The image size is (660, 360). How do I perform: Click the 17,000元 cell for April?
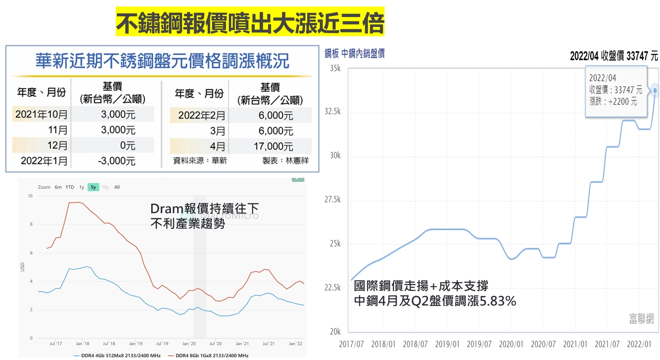point(273,146)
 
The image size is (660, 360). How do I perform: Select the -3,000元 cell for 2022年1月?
point(116,161)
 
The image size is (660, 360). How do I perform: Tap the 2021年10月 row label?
point(41,114)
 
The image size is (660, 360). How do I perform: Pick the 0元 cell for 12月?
point(128,145)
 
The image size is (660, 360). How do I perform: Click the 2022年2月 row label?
point(201,115)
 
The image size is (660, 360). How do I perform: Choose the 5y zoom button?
point(93,187)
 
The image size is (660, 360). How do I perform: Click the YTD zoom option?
point(70,187)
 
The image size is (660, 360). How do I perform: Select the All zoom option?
point(117,187)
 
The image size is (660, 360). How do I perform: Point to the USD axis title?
point(22,267)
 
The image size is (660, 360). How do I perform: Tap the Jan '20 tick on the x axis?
point(189,344)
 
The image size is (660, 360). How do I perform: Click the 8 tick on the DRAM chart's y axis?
point(31,224)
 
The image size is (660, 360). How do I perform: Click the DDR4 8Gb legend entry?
point(208,355)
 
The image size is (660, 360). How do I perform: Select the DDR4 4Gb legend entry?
point(117,355)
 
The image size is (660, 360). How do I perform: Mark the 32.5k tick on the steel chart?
point(332,111)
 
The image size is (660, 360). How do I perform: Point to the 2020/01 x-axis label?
point(511,344)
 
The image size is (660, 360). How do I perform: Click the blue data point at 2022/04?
point(655,91)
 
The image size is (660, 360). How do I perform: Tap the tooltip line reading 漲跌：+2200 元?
point(613,101)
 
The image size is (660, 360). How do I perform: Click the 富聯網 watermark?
point(641,318)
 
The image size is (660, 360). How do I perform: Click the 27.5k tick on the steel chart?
point(332,200)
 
